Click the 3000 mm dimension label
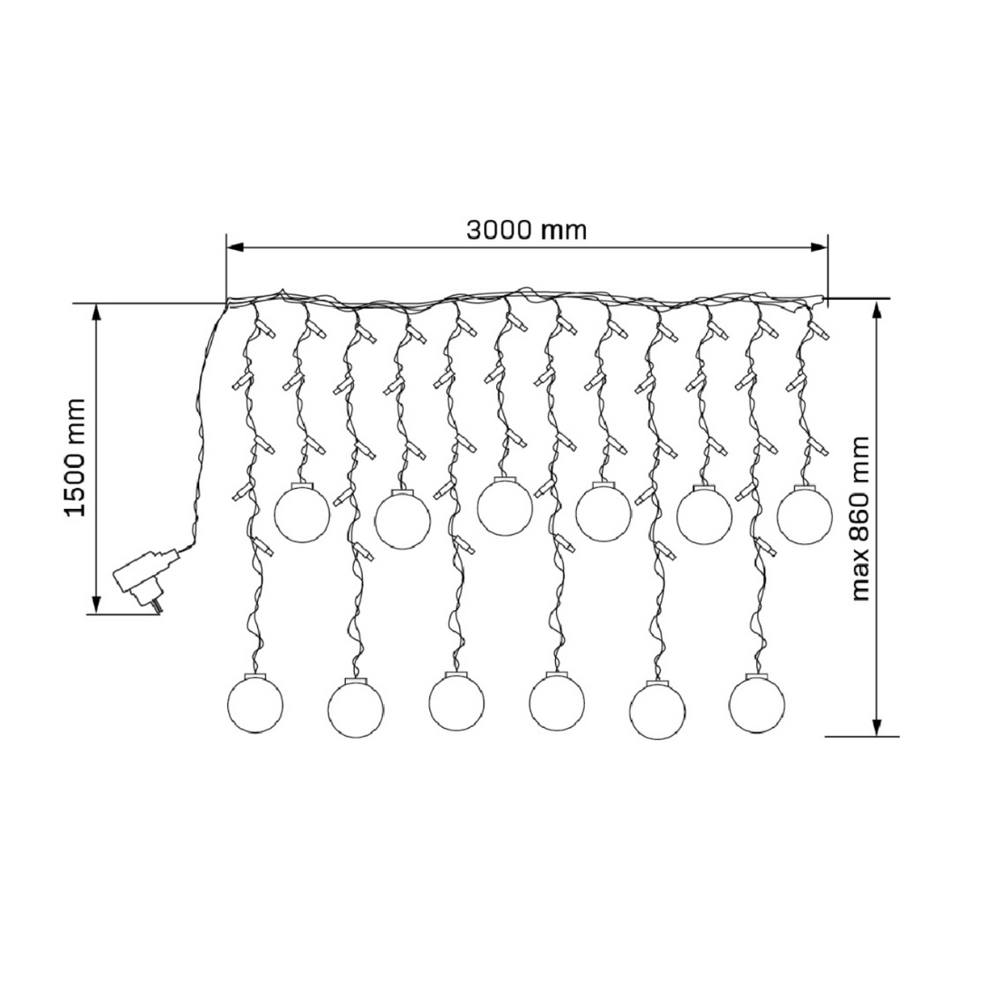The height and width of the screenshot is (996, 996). [527, 230]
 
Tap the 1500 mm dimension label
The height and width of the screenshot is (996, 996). [75, 458]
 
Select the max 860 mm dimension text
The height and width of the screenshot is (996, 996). [861, 518]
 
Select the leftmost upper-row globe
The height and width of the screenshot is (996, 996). [302, 512]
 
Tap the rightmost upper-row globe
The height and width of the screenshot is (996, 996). [804, 512]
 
